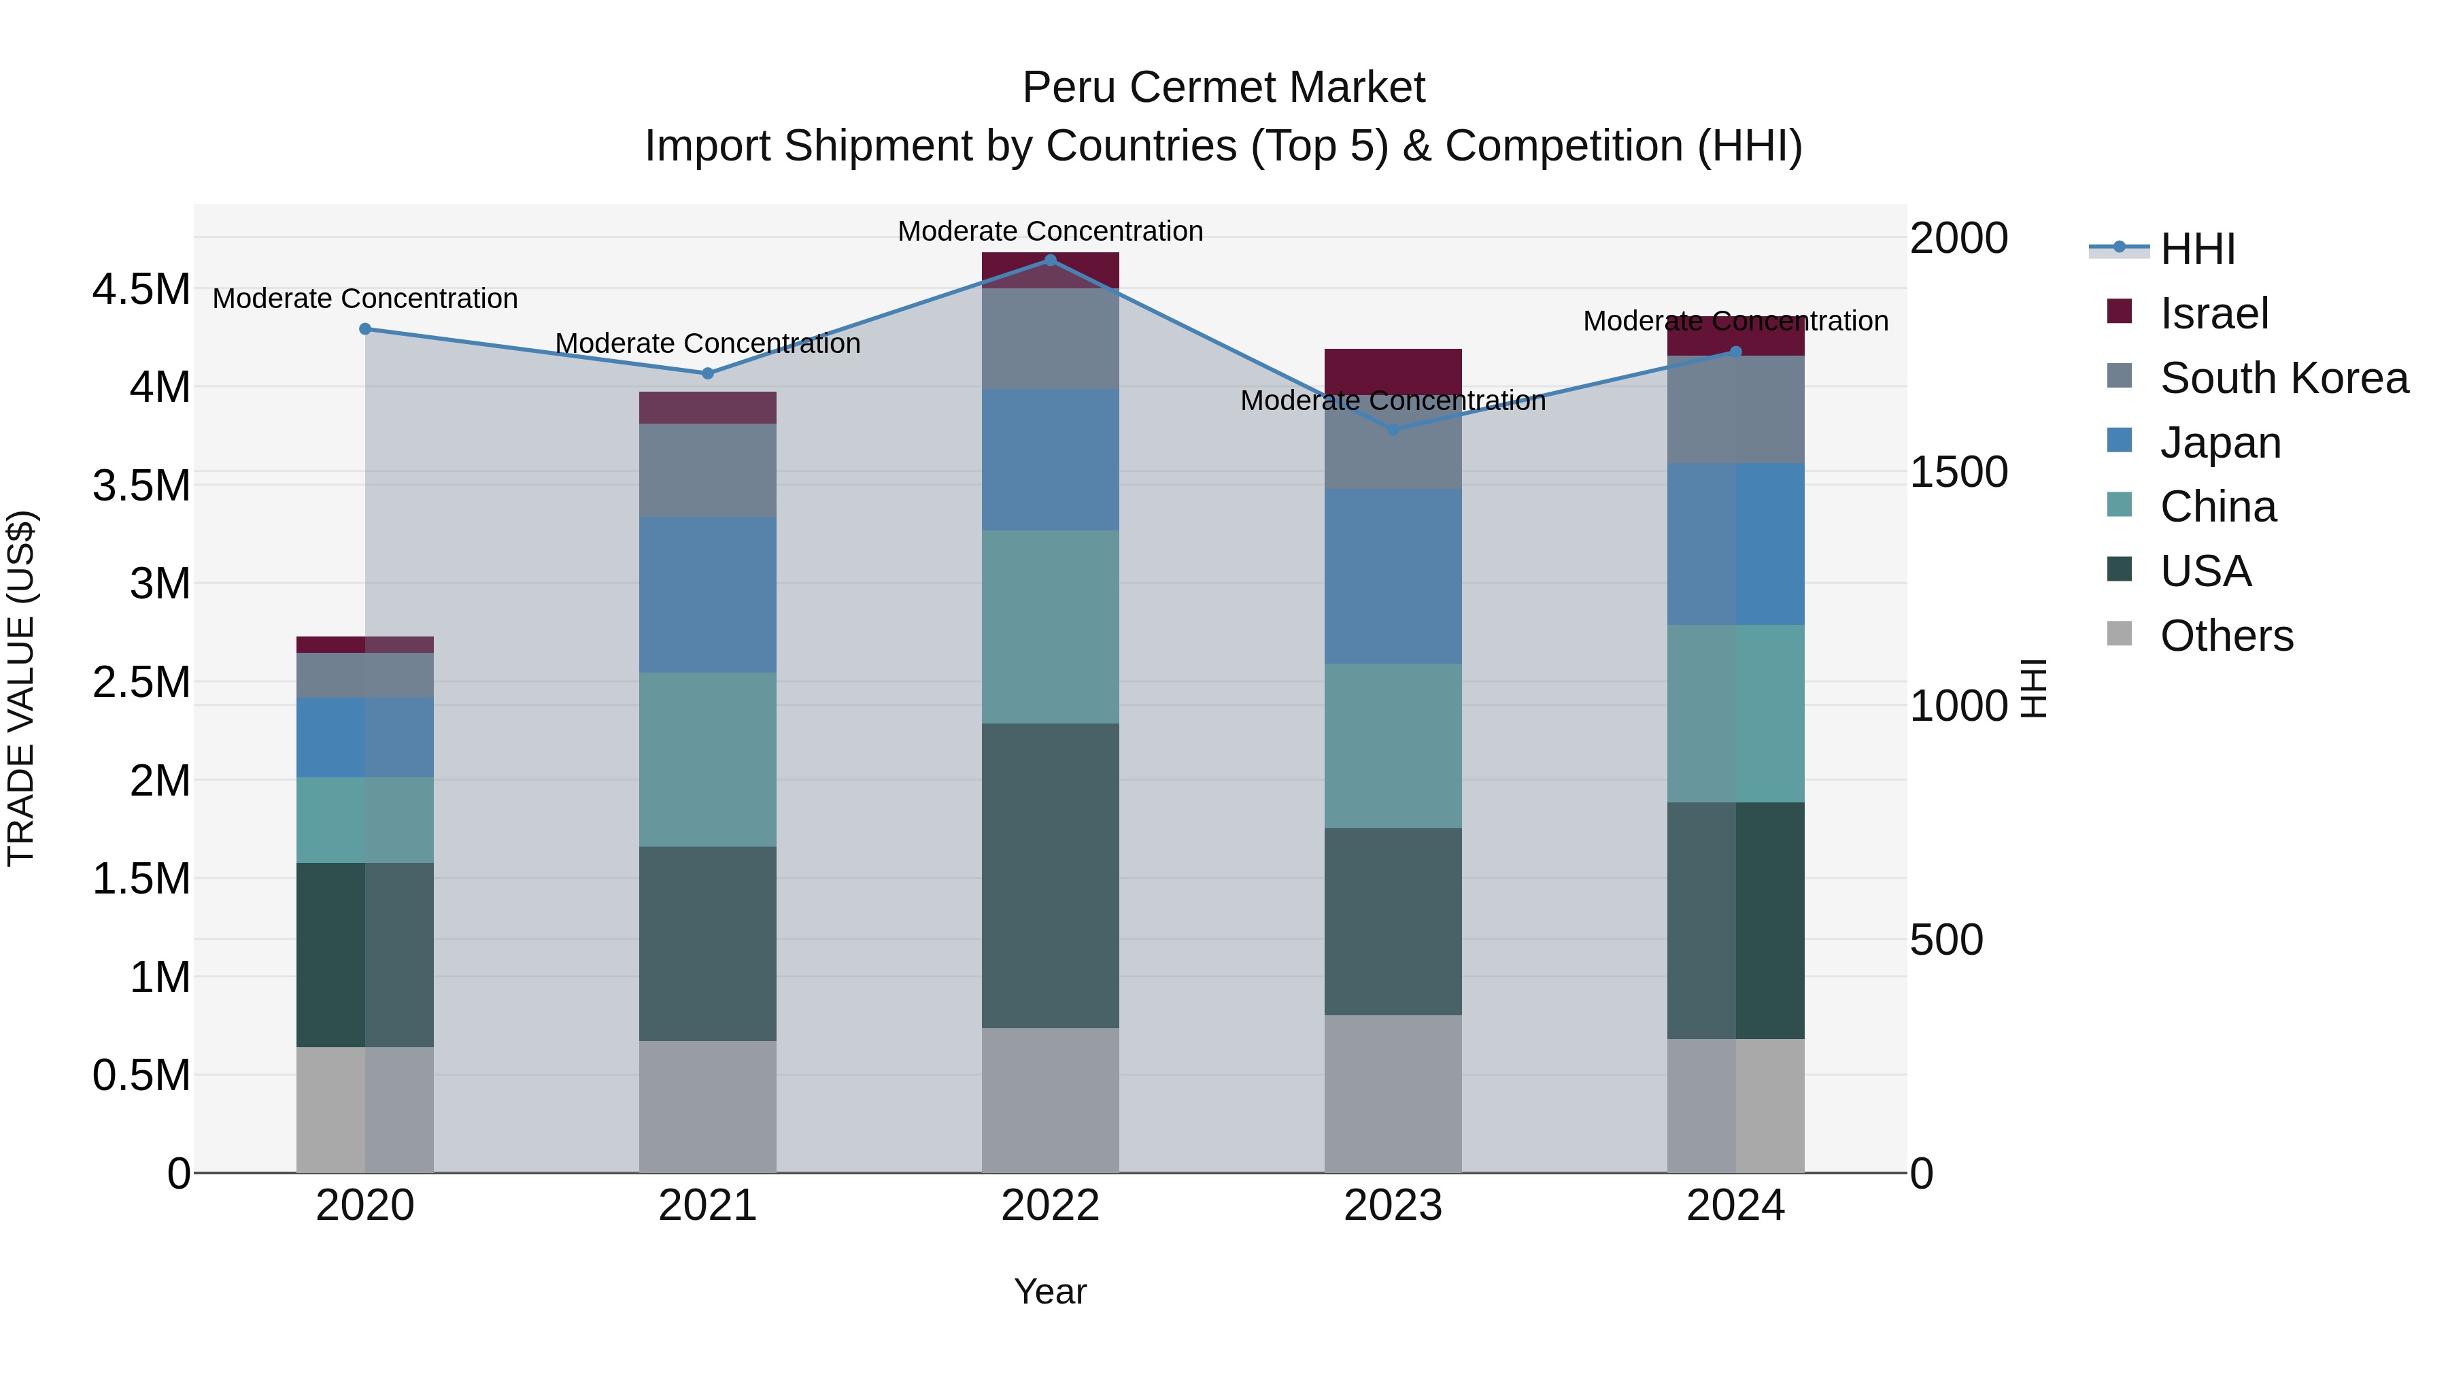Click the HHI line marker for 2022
point(1050,260)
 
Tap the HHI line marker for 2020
point(365,329)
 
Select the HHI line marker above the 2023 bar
point(1393,430)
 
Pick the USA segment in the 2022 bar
point(1050,874)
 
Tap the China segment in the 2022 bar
point(1050,626)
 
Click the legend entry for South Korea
point(2283,378)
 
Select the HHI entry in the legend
point(2197,249)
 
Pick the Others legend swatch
point(2119,634)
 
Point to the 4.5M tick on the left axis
point(141,289)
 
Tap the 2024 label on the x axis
point(1735,1206)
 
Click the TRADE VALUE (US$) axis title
point(21,688)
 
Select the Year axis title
point(1050,1291)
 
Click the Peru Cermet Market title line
point(1223,88)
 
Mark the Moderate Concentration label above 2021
point(707,343)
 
